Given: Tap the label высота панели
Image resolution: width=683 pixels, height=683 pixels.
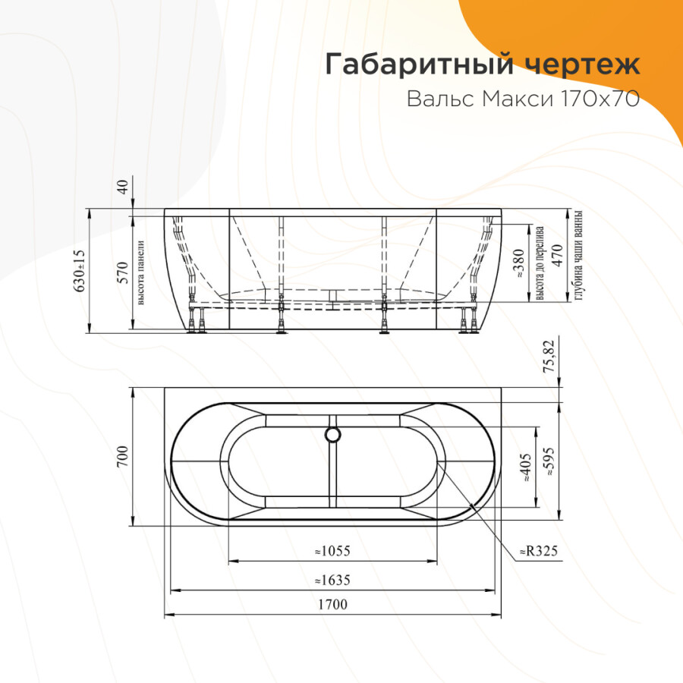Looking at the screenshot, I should click(140, 272).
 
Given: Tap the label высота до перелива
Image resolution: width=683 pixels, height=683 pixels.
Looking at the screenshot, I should click(540, 262).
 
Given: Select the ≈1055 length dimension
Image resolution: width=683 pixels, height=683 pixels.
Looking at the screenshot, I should click(332, 552).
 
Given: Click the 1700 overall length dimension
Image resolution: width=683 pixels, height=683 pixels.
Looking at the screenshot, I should click(332, 605).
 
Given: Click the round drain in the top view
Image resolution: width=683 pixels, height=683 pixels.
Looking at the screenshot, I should click(332, 434).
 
